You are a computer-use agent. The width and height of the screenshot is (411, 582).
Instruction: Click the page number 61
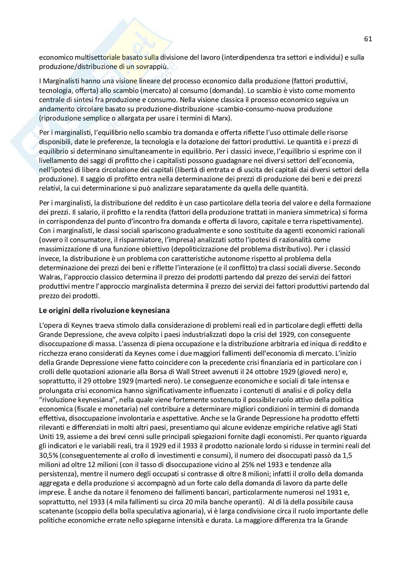click(x=368, y=39)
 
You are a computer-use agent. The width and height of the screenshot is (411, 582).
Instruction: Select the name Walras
click(x=49, y=277)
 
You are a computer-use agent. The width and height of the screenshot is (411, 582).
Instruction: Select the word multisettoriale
click(x=90, y=57)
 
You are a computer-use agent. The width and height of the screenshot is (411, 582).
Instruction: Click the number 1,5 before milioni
click(x=347, y=455)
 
